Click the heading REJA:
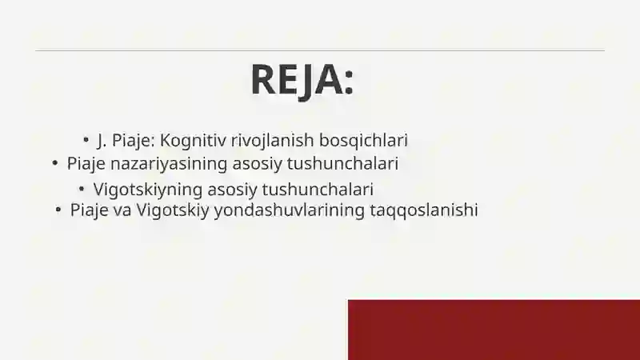[302, 79]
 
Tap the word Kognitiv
[193, 140]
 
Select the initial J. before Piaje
[102, 140]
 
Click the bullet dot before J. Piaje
[86, 139]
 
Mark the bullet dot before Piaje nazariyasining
[54, 163]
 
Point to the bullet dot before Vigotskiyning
[82, 189]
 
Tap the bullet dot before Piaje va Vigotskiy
[58, 210]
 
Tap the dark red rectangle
[494, 330]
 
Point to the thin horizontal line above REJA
[320, 50]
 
